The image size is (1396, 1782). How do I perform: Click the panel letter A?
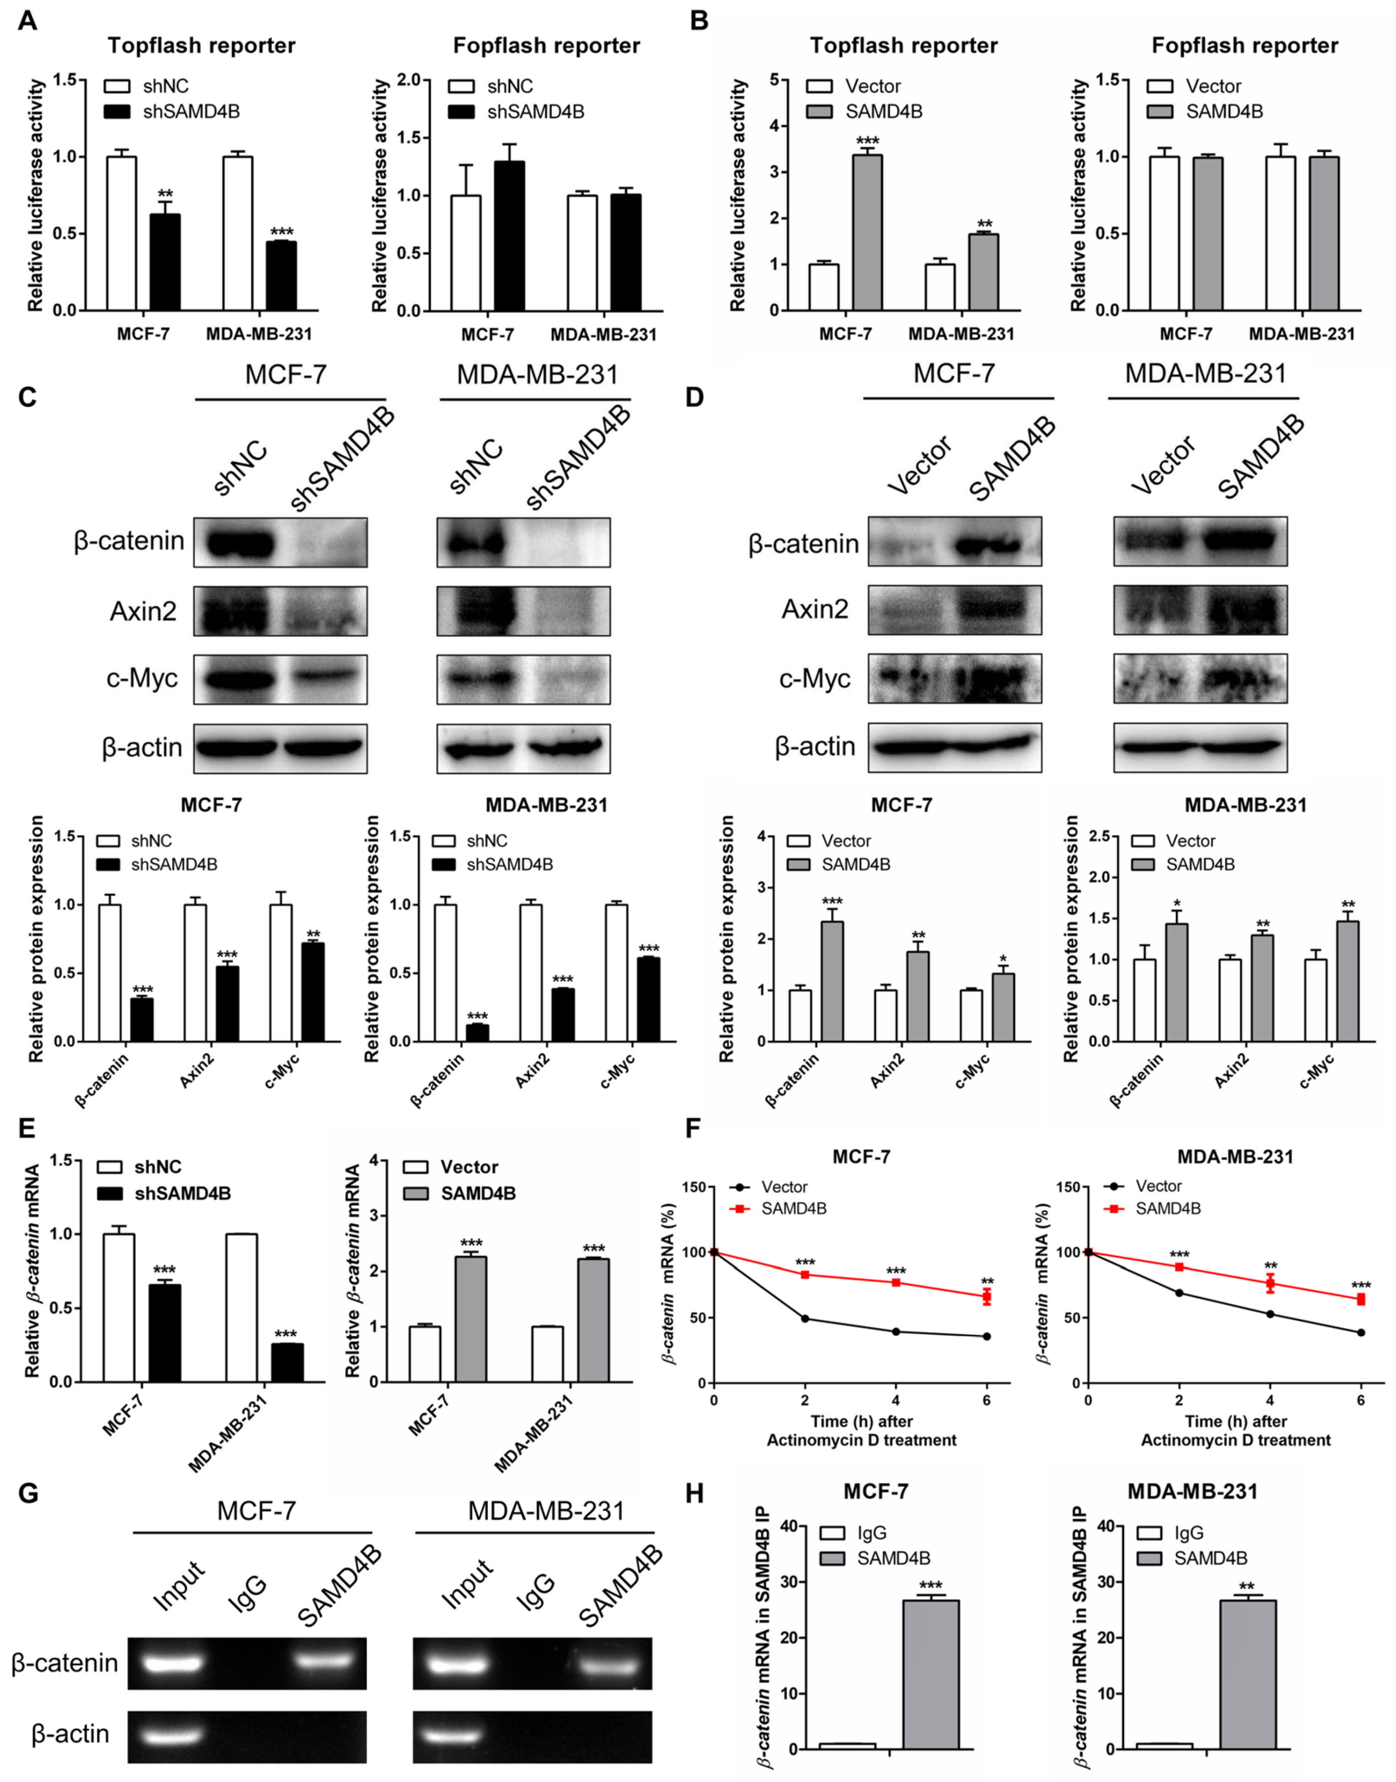pos(27,20)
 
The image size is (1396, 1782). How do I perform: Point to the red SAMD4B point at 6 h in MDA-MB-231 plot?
pos(1361,1299)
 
